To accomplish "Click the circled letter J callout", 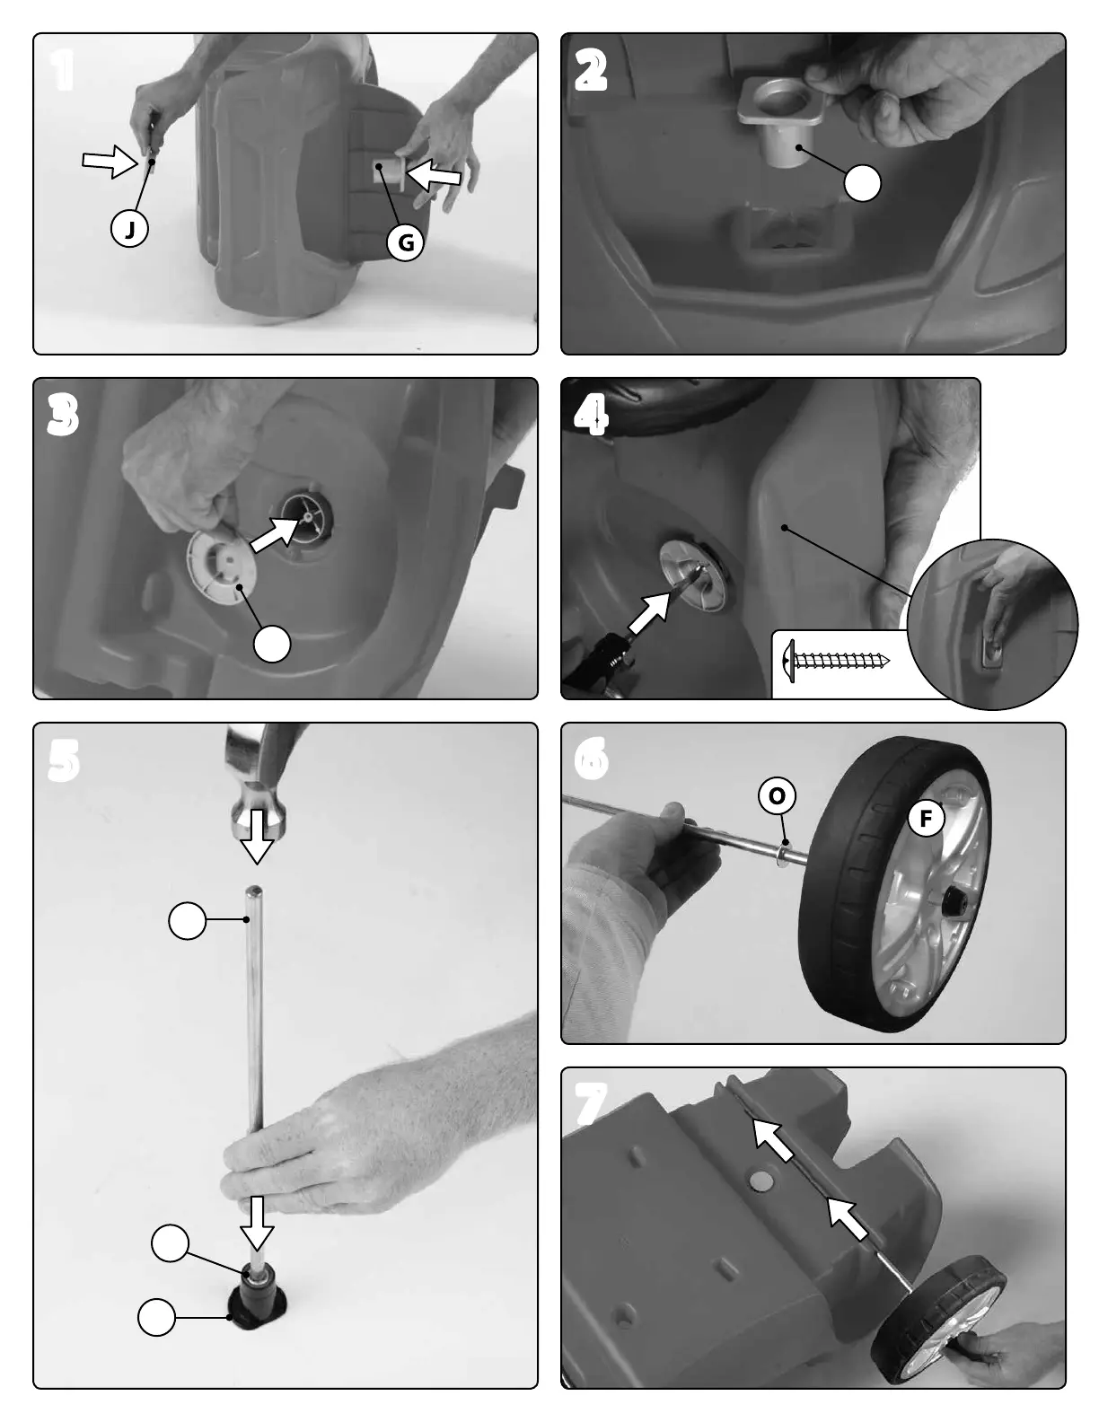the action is [x=129, y=228].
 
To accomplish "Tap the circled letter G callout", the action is [x=405, y=242].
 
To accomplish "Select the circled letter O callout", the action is [x=777, y=796].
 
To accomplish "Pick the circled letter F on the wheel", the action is [x=926, y=818].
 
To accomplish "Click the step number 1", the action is [x=63, y=71].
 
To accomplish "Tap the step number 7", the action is [x=591, y=1104].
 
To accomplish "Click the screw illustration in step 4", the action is [x=836, y=661].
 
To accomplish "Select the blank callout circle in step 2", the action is [x=862, y=183].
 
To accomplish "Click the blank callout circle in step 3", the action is [x=272, y=644].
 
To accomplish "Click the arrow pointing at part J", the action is [x=110, y=161].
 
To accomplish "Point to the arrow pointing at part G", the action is [x=435, y=174].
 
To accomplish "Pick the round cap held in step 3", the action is [x=222, y=566].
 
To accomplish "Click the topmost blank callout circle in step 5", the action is [x=187, y=921].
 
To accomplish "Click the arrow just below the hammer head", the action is [x=257, y=837].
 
